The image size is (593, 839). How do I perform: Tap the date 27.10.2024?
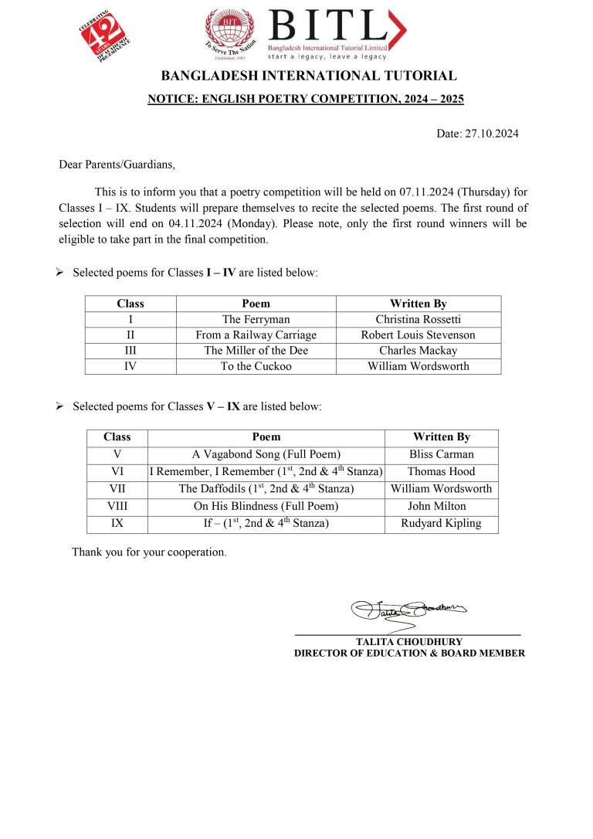(492, 134)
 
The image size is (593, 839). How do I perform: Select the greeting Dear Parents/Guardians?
(117, 164)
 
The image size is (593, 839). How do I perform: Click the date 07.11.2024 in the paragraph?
(427, 191)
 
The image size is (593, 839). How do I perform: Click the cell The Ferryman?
(256, 319)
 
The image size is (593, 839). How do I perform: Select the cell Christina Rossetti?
(418, 319)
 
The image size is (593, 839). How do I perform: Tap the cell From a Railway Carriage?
(256, 335)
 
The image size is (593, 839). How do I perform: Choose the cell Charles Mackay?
(418, 351)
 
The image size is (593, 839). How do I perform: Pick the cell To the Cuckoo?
(256, 366)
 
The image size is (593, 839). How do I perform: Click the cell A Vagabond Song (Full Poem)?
(266, 454)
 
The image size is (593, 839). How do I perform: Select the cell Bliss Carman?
(441, 454)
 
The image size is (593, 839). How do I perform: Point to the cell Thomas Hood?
(441, 471)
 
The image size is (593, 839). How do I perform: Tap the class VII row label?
(117, 488)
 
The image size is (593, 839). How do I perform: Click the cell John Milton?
(441, 506)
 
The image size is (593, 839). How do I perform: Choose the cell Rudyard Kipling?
(441, 523)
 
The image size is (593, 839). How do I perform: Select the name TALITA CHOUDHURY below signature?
(408, 641)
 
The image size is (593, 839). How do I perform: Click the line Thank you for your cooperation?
(149, 552)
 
